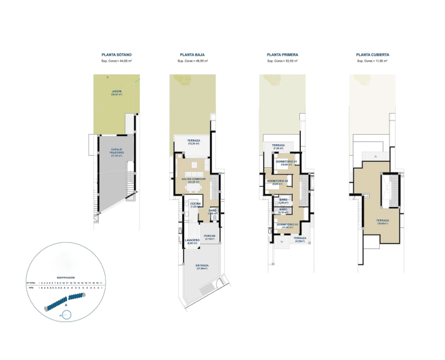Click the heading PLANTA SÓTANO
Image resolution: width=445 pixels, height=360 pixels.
pyautogui.click(x=116, y=53)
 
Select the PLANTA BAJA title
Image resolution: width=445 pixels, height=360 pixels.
pyautogui.click(x=192, y=53)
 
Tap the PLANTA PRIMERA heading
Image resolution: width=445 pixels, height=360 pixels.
pyautogui.click(x=282, y=53)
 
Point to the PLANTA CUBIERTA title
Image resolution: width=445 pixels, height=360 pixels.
pyautogui.click(x=373, y=53)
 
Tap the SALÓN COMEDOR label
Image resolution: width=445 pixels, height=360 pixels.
pyautogui.click(x=193, y=179)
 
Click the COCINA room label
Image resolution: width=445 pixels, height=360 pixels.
pyautogui.click(x=195, y=204)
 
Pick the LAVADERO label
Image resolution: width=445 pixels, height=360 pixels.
pyautogui.click(x=192, y=241)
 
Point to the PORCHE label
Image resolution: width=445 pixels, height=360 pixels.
pyautogui.click(x=209, y=237)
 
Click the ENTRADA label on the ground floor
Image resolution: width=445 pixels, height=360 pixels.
pyautogui.click(x=202, y=265)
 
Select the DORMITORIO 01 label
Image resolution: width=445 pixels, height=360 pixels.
pyautogui.click(x=287, y=162)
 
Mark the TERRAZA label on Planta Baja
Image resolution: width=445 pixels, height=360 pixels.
pyautogui.click(x=192, y=141)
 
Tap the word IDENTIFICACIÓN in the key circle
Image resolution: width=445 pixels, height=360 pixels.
pyautogui.click(x=66, y=277)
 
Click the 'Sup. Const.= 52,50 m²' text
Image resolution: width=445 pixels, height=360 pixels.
pyautogui.click(x=282, y=61)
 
